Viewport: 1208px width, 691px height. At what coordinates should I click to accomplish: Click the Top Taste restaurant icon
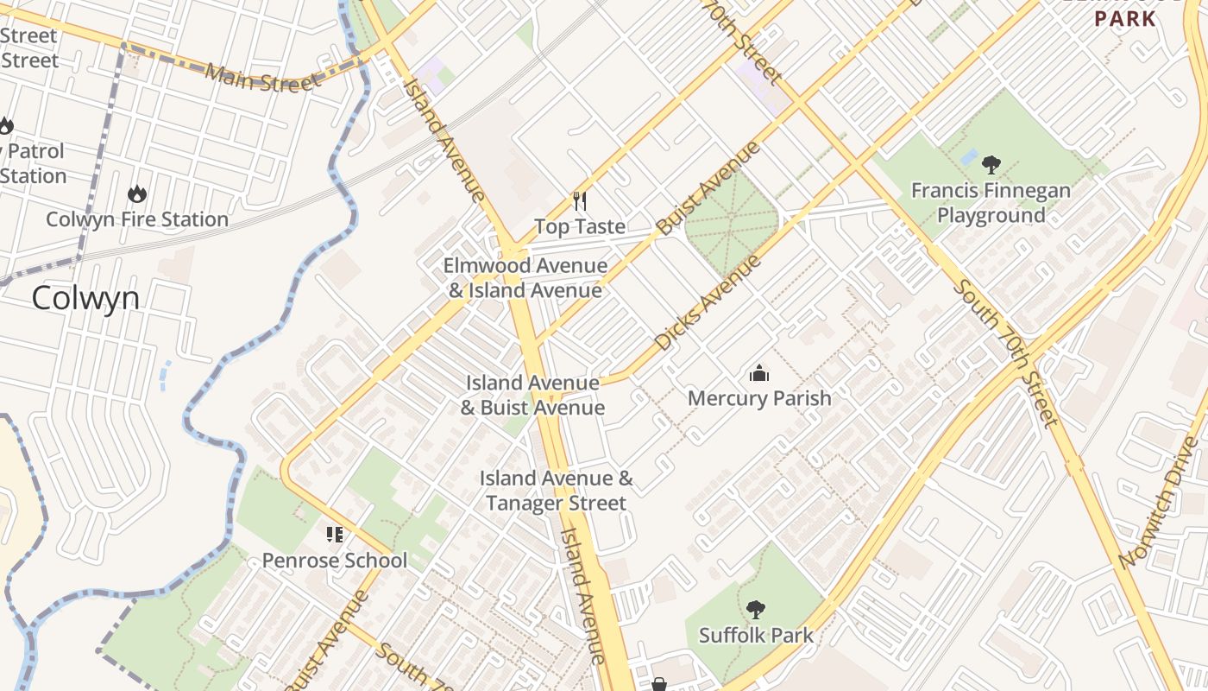580,201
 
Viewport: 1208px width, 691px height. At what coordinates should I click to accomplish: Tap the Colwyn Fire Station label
137,219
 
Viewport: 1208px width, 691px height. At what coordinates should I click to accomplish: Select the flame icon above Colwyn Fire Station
137,193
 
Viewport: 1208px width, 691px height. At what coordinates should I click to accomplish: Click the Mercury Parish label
759,398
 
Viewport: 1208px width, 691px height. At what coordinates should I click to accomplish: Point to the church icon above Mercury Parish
759,373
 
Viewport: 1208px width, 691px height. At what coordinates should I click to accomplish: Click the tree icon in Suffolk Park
756,610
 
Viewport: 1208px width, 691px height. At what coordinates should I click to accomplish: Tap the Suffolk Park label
756,636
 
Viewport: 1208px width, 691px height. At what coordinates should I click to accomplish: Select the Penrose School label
335,561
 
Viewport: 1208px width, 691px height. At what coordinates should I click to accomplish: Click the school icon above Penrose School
335,535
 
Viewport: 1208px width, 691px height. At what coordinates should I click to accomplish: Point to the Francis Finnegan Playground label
991,203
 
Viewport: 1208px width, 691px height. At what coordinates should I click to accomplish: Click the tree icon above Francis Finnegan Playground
991,164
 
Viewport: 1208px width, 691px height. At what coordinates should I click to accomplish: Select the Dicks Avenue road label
708,301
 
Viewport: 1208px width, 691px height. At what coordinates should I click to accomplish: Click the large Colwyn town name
85,298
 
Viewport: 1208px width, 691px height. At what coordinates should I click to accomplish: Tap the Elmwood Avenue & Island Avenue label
525,278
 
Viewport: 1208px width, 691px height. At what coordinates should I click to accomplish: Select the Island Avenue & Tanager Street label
557,491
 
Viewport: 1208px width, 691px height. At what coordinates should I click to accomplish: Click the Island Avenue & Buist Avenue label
532,395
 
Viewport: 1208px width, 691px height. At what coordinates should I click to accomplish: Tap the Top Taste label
580,226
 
